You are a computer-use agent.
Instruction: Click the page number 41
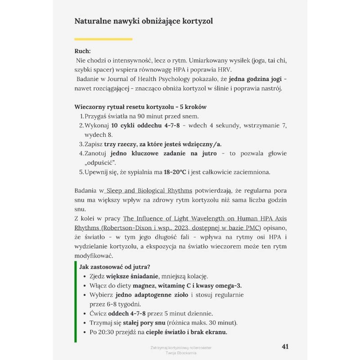pos(284,346)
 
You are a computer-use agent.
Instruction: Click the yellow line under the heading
pos(103,39)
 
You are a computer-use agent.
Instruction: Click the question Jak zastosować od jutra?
pos(115,267)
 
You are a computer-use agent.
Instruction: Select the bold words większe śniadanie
pos(131,276)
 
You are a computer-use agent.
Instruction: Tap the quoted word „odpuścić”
pos(100,162)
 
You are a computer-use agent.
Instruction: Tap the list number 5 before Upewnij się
pos(81,172)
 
